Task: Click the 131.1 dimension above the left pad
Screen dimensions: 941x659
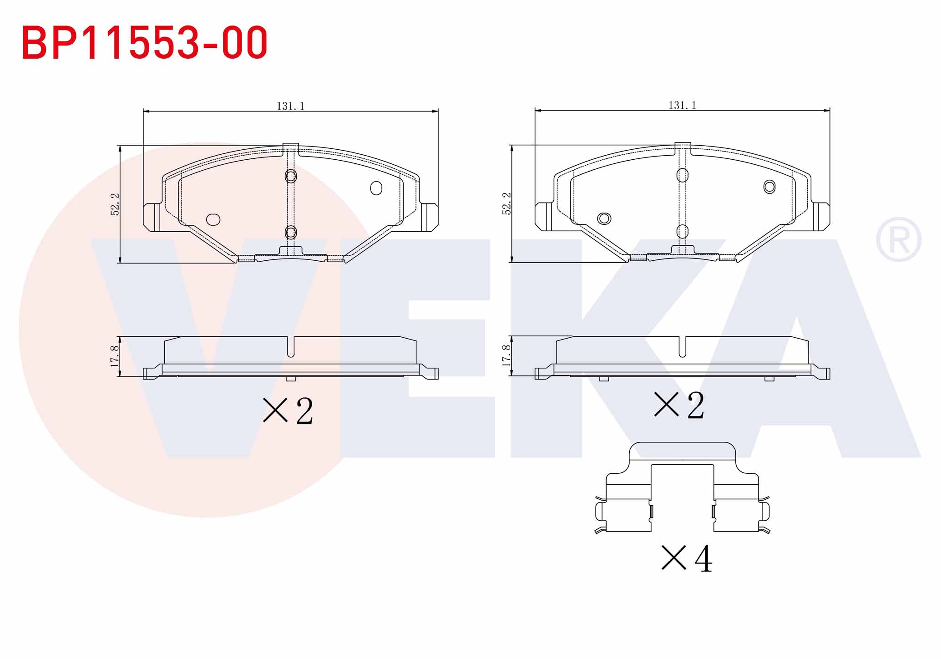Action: (290, 106)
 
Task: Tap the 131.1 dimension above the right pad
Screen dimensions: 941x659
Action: (682, 105)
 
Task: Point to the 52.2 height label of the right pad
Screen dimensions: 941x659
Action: (506, 203)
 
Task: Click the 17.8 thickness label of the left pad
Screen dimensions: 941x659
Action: (114, 356)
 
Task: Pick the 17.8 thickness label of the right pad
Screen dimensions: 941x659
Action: (506, 355)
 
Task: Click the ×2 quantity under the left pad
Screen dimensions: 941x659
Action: (288, 411)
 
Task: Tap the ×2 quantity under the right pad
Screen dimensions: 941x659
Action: (679, 405)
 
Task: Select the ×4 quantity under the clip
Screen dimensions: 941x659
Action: (686, 558)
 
